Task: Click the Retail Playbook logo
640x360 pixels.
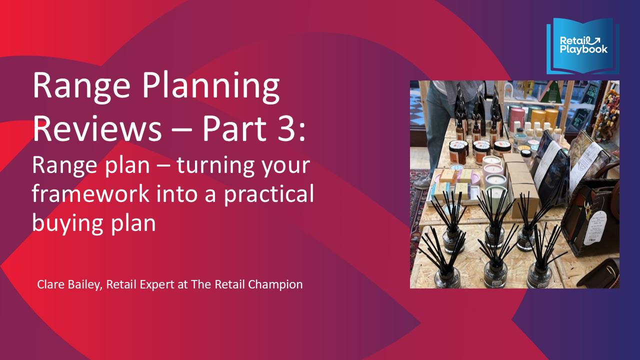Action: (582, 46)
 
